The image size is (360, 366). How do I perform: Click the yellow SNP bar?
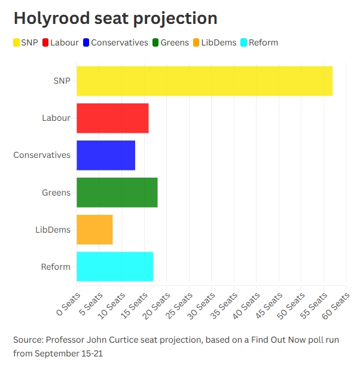205,81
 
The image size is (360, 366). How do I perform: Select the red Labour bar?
112,118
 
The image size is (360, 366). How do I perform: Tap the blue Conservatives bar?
106,155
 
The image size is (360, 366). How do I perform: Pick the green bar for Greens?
117,193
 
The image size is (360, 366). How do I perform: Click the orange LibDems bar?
94,230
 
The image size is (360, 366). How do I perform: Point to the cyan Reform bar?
115,267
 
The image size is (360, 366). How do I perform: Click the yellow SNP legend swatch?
17,42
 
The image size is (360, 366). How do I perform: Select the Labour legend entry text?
64,42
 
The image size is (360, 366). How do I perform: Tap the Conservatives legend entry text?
120,42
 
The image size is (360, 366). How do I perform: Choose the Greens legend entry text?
175,42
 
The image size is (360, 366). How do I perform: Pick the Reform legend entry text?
263,42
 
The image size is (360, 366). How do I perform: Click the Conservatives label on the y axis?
42,155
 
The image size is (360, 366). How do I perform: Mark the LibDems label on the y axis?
53,230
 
